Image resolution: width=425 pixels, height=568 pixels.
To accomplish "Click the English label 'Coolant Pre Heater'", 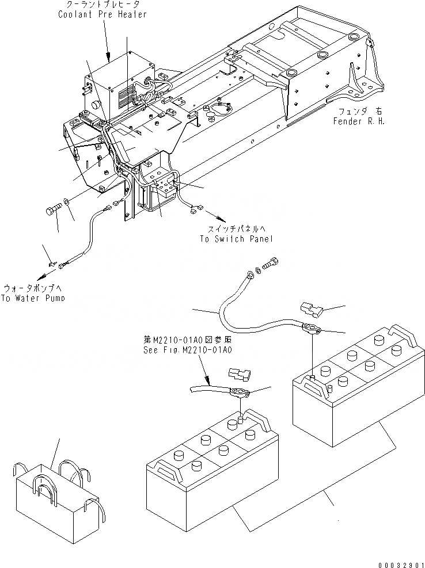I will (x=103, y=14).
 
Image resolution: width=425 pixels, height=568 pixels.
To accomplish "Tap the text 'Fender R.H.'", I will (x=358, y=122).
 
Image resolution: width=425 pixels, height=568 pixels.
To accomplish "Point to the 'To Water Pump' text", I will (x=33, y=298).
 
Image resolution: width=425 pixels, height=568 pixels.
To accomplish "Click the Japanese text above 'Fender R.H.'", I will (x=357, y=112).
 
